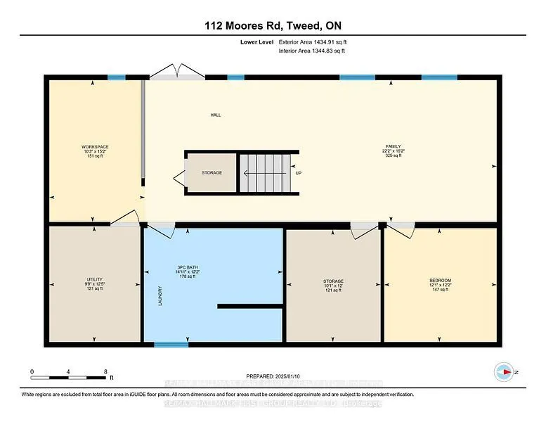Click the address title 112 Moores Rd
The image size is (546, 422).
click(272, 26)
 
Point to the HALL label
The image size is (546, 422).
click(216, 115)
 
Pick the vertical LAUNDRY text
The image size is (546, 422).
click(161, 294)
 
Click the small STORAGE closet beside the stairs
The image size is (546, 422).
click(212, 172)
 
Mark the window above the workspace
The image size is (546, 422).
click(117, 77)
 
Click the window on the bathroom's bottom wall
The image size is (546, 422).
click(171, 345)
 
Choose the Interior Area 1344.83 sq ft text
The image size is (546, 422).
click(313, 51)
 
